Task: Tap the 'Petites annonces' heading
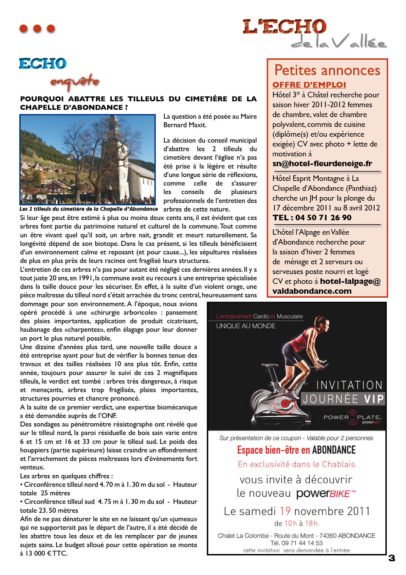(327, 70)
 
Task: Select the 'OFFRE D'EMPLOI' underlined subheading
(309, 85)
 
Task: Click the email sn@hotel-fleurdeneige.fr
(322, 164)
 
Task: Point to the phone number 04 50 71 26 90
(323, 218)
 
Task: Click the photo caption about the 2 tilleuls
(88, 209)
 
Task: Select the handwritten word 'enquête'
(75, 82)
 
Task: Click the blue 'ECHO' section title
(43, 64)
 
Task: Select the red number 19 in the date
(285, 511)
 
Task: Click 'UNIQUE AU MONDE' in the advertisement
(246, 326)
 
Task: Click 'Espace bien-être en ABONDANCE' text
(296, 450)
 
